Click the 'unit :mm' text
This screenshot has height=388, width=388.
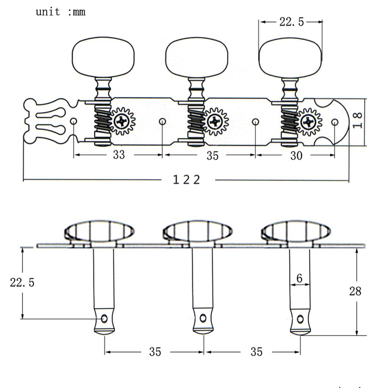pos(61,12)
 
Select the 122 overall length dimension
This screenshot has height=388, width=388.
pos(186,180)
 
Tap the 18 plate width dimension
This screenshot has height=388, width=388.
pos(357,120)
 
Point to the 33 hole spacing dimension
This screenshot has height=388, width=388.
pos(119,155)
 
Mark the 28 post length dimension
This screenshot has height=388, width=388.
pos(355,291)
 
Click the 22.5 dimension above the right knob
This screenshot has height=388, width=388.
pos(291,22)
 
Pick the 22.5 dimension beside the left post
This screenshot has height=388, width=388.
pos(22,282)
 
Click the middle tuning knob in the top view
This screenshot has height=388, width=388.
pos(197,57)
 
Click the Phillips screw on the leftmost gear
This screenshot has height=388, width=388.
pos(122,121)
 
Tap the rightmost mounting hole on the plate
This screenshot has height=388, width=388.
pos(335,122)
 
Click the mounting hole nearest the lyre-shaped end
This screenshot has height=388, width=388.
pos(74,121)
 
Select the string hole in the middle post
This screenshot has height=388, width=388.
pos(203,318)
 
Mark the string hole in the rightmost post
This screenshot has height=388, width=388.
pos(300,319)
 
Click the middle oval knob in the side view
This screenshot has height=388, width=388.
pos(197,232)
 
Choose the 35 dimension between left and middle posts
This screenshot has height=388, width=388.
pos(155,352)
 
